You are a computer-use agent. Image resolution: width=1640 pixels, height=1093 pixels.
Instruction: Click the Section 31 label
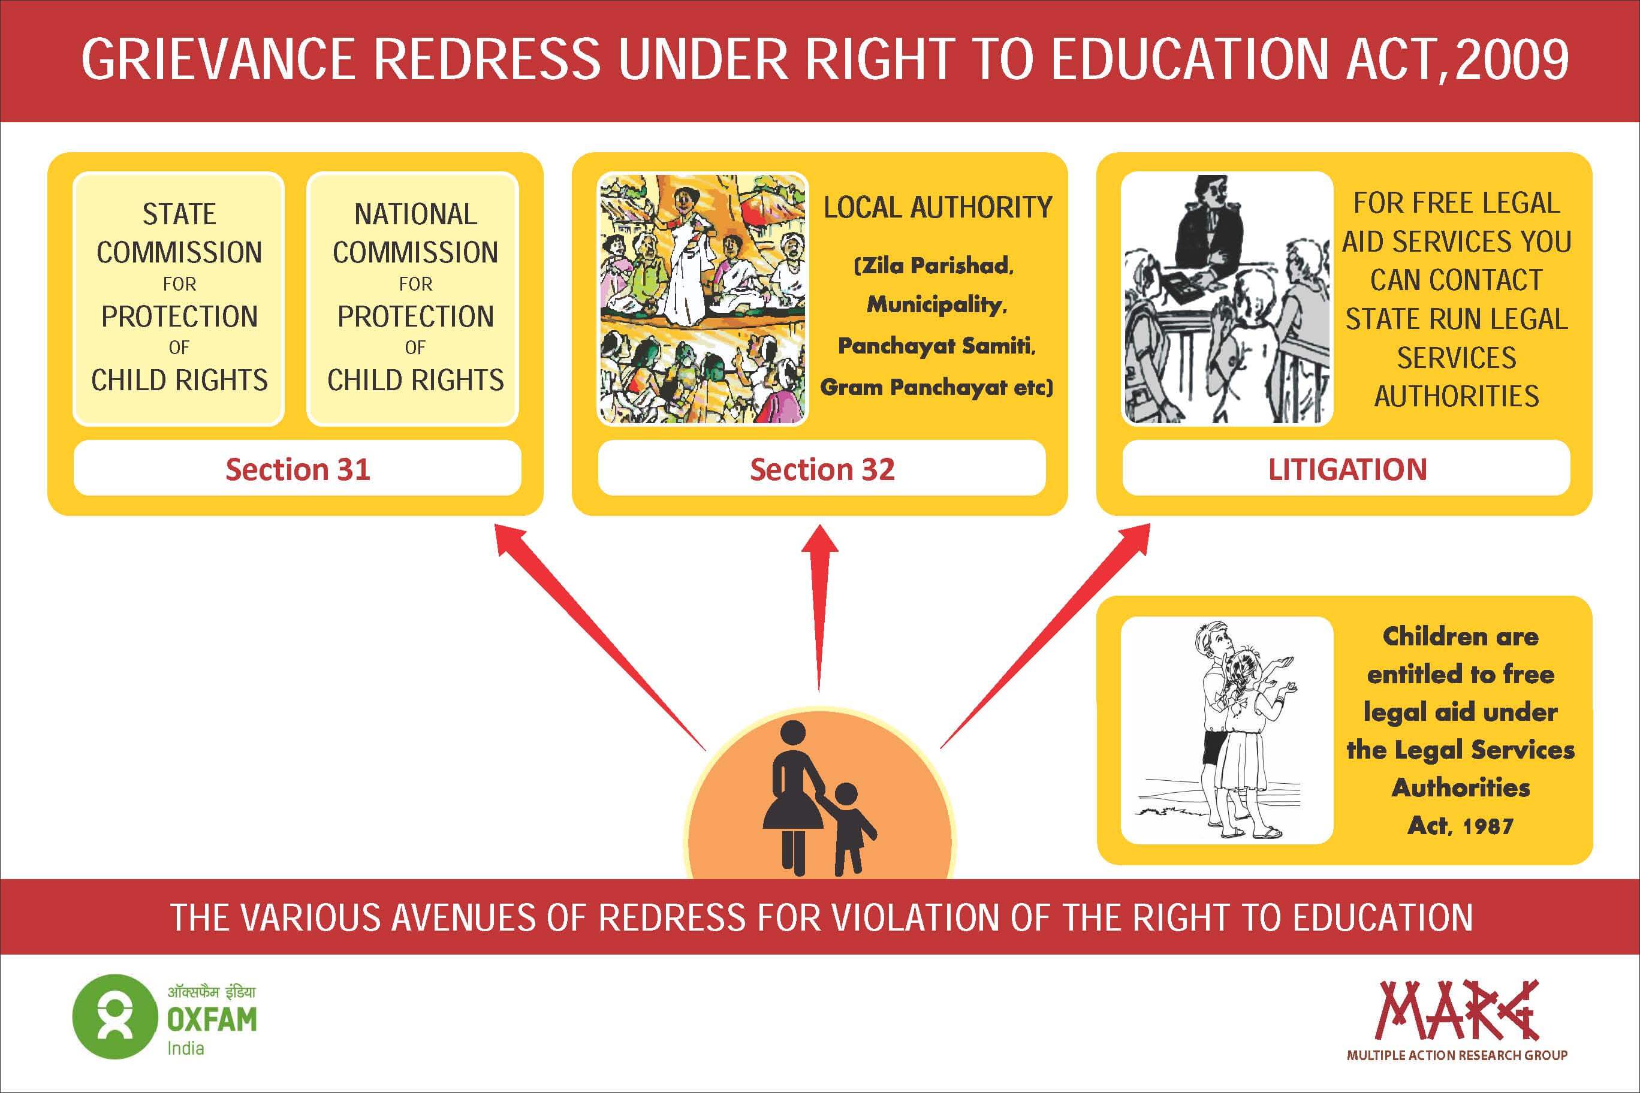point(298,469)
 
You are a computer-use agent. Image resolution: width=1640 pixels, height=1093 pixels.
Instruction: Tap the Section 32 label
point(822,469)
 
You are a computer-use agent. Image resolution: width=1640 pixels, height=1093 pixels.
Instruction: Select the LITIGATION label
point(1346,469)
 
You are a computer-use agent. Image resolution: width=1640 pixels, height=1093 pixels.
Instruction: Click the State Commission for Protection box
point(179,298)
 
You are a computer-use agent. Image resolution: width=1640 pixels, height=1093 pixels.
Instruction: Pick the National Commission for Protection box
point(413,298)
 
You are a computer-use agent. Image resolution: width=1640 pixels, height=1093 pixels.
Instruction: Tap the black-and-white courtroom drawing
point(1227,298)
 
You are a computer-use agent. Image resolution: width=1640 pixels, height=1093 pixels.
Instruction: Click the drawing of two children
point(1227,730)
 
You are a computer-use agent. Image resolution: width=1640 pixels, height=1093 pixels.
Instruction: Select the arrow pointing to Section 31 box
point(599,637)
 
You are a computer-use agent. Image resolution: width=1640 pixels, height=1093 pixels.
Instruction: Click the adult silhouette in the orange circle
point(794,798)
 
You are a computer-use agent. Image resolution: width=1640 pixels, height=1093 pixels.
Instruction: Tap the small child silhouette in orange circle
point(849,829)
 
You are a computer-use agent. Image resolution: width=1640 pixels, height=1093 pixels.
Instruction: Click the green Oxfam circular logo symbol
point(115,1016)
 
